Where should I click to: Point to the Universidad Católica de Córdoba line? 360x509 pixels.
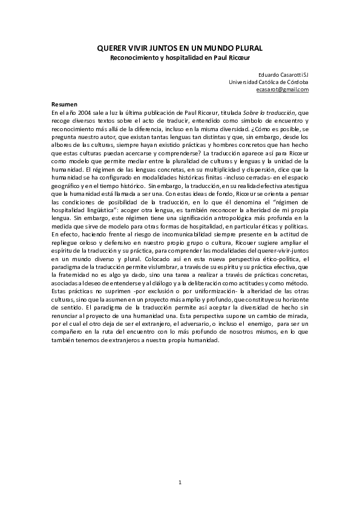pyautogui.click(x=269, y=82)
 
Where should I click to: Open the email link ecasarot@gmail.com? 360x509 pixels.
pyautogui.click(x=282, y=89)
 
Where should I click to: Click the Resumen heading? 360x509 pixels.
pyautogui.click(x=64, y=105)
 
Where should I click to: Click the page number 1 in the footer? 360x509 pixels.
pyautogui.click(x=180, y=482)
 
